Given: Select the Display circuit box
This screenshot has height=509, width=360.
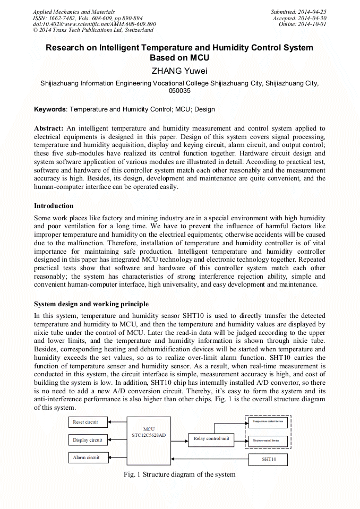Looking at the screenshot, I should (x=88, y=440).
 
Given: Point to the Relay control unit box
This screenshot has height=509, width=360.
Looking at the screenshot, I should (x=210, y=439).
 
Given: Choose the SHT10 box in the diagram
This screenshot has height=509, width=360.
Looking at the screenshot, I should (x=269, y=459).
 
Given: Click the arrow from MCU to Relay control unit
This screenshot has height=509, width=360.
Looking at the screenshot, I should (x=179, y=439).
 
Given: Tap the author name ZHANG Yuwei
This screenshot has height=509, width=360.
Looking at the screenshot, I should (x=179, y=71).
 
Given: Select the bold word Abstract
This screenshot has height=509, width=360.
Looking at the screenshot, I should (x=48, y=128).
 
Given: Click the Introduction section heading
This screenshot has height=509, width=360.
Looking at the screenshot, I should (x=54, y=206).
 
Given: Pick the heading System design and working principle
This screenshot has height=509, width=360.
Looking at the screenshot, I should (x=91, y=304).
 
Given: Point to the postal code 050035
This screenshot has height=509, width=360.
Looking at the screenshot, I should (x=179, y=91).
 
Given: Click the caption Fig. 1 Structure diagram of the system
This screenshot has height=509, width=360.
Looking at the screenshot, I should (x=179, y=474).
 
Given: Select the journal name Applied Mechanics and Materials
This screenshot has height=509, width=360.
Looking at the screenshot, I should (x=74, y=12).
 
